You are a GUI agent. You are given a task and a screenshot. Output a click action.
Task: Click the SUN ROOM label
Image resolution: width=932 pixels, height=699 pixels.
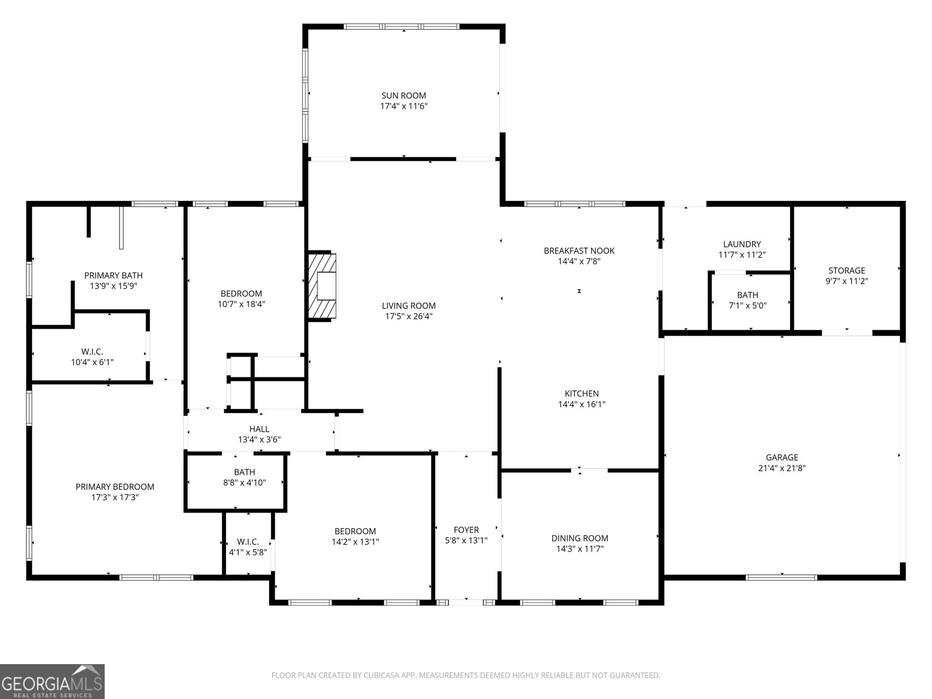tap(404, 96)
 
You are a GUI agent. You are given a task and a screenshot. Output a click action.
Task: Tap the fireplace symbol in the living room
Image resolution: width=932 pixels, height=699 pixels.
tap(322, 286)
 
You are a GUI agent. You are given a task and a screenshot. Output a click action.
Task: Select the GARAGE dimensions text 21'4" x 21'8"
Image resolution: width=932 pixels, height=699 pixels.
tap(782, 468)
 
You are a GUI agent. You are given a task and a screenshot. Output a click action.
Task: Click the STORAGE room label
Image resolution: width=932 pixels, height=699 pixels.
tap(846, 270)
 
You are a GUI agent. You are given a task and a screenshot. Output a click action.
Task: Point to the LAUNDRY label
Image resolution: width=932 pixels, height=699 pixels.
tap(742, 244)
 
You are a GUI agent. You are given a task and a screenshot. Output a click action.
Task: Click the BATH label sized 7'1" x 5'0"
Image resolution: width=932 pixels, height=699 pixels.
tap(747, 295)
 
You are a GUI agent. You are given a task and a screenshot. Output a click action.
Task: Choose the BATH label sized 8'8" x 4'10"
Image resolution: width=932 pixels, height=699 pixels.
tap(245, 472)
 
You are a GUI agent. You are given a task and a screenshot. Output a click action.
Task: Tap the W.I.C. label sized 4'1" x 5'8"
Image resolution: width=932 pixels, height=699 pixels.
tap(248, 542)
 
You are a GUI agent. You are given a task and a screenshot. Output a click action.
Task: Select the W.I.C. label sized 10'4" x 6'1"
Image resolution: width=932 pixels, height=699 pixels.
tap(92, 351)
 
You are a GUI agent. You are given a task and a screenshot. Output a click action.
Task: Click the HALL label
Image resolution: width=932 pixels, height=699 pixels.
tap(259, 429)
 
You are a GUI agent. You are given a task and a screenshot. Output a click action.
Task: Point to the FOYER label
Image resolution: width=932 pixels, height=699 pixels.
tap(466, 529)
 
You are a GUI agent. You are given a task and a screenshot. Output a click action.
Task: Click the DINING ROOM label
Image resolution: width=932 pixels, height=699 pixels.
tap(580, 538)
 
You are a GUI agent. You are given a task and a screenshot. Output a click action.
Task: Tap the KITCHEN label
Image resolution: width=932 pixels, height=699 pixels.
tap(581, 394)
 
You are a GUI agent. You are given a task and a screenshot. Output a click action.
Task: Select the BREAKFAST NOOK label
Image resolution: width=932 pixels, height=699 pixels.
tap(579, 250)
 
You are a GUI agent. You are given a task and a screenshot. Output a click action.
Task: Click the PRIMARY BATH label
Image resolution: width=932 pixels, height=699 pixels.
tap(113, 276)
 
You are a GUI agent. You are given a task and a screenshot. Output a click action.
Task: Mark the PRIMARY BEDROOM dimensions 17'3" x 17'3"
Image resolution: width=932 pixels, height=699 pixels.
tap(115, 497)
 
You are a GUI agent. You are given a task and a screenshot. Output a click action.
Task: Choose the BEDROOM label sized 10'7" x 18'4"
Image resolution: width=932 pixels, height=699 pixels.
tap(241, 294)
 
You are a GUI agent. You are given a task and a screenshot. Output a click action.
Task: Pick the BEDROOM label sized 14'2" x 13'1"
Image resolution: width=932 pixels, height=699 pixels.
tap(355, 531)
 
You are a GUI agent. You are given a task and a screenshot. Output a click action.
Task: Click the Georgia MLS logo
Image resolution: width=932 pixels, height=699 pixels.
tap(52, 681)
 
